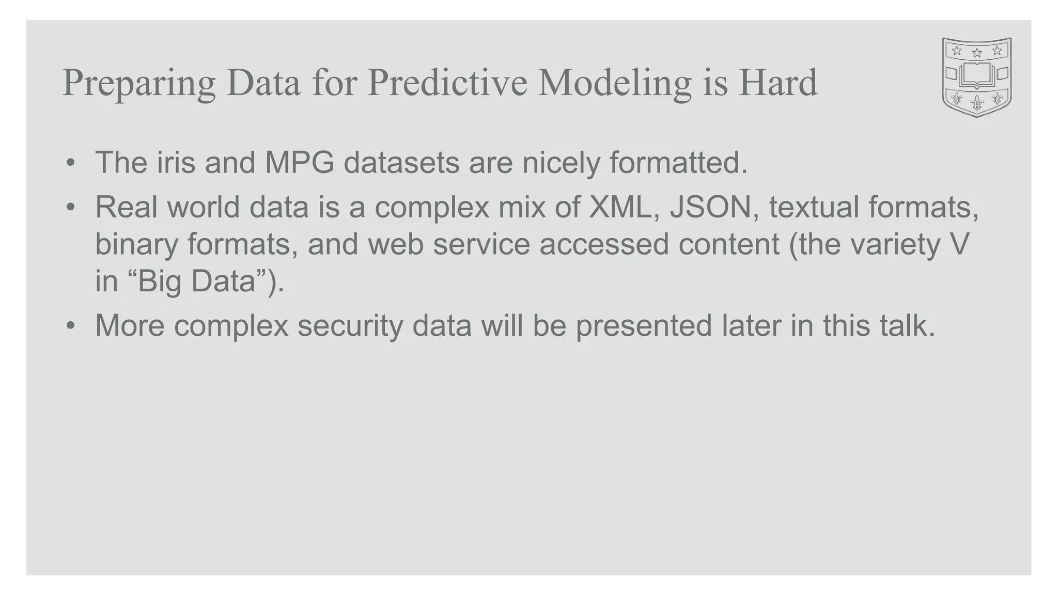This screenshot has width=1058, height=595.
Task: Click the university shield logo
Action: click(x=976, y=77)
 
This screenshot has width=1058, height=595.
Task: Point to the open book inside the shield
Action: click(x=976, y=74)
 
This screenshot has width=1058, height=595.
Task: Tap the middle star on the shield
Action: click(x=976, y=52)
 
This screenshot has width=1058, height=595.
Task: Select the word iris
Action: click(x=176, y=163)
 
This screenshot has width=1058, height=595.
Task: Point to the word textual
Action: click(x=814, y=207)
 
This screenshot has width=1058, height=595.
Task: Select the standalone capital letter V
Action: click(x=959, y=244)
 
